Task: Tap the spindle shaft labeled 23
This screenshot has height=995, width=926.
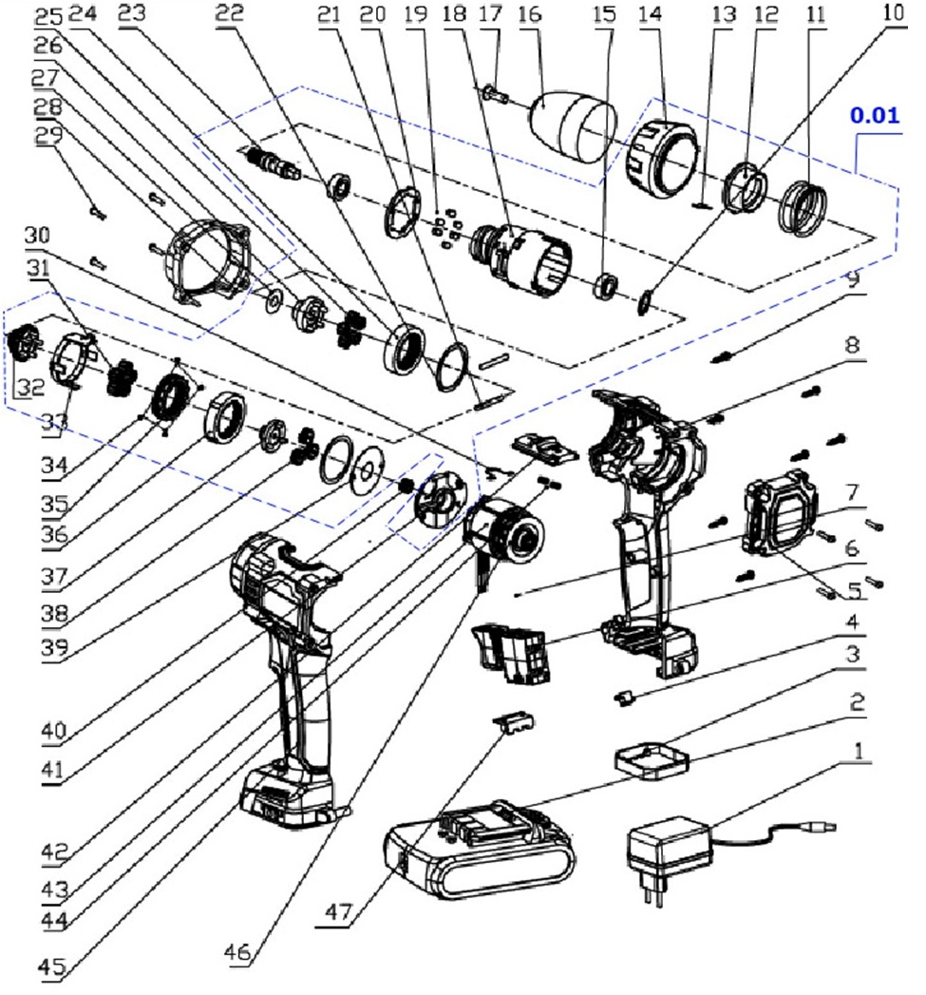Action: click(276, 159)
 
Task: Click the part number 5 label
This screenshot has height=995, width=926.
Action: click(854, 588)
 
